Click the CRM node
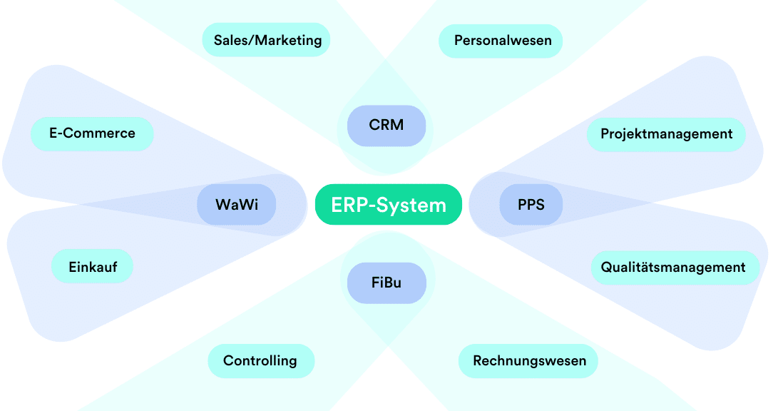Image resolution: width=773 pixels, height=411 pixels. pyautogui.click(x=386, y=126)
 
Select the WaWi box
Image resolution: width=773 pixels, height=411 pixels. pyautogui.click(x=237, y=205)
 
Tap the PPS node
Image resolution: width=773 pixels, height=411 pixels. pyautogui.click(x=531, y=205)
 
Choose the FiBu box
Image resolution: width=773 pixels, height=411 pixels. pyautogui.click(x=386, y=283)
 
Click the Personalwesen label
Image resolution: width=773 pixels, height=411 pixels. pyautogui.click(x=503, y=41)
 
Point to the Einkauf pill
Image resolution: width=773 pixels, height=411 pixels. pyautogui.click(x=93, y=267)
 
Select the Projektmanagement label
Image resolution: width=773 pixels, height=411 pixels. pyautogui.click(x=666, y=134)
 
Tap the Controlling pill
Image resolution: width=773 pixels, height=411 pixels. pyautogui.click(x=260, y=361)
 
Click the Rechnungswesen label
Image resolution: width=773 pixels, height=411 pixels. pyautogui.click(x=529, y=361)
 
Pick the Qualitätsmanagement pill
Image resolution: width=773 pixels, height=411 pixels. pyautogui.click(x=673, y=268)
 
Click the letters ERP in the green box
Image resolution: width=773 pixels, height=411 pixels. pyautogui.click(x=347, y=205)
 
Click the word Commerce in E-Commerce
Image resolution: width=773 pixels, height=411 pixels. pyautogui.click(x=99, y=133)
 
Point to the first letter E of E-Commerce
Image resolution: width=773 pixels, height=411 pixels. pyautogui.click(x=53, y=133)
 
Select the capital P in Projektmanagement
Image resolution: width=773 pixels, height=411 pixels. pyautogui.click(x=605, y=134)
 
